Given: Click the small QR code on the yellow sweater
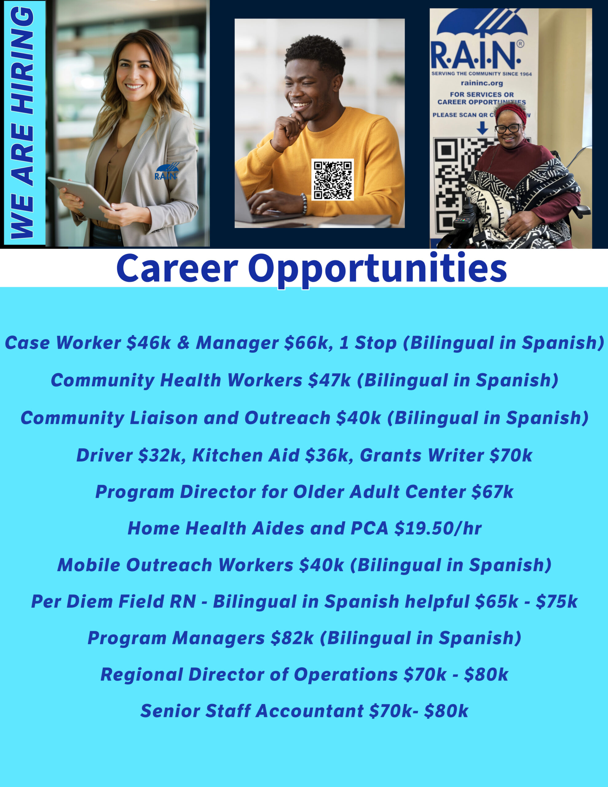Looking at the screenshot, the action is coord(332,180).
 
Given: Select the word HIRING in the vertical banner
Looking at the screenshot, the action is coord(22,61).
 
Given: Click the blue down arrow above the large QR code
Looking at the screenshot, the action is coord(482,128).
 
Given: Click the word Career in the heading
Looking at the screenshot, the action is coord(177,269).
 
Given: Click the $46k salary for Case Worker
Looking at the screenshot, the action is coord(148,343).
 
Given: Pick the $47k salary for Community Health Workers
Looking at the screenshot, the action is coord(330,380).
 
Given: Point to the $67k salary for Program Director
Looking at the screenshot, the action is coord(492,492).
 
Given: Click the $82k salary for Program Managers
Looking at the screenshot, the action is coord(292,638).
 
